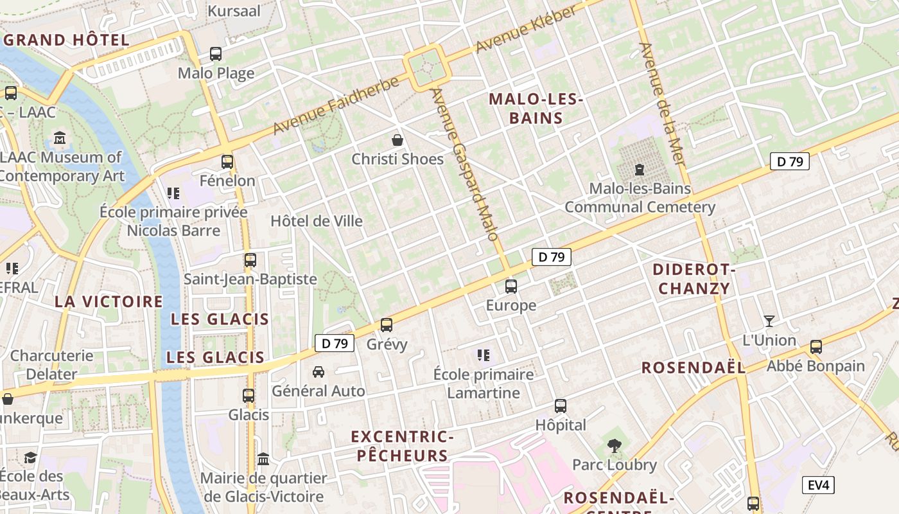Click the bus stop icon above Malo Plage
pos(216,54)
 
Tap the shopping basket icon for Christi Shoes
pos(397,139)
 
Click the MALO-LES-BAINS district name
pos(535,109)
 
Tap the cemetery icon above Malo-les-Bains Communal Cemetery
pos(639,170)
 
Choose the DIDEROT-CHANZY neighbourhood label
pos(694,279)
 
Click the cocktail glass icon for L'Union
pos(769,321)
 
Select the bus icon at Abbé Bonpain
pos(816,347)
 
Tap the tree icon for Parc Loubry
pos(614,445)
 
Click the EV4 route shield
pos(818,485)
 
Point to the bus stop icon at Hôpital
pos(561,406)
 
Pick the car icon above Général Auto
pos(318,372)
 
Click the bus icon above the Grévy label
pos(386,325)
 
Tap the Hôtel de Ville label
pos(317,221)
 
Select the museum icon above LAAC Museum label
pos(60,137)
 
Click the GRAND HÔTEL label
pos(67,40)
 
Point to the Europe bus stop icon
pos(511,287)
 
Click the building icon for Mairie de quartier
pos(263,459)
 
